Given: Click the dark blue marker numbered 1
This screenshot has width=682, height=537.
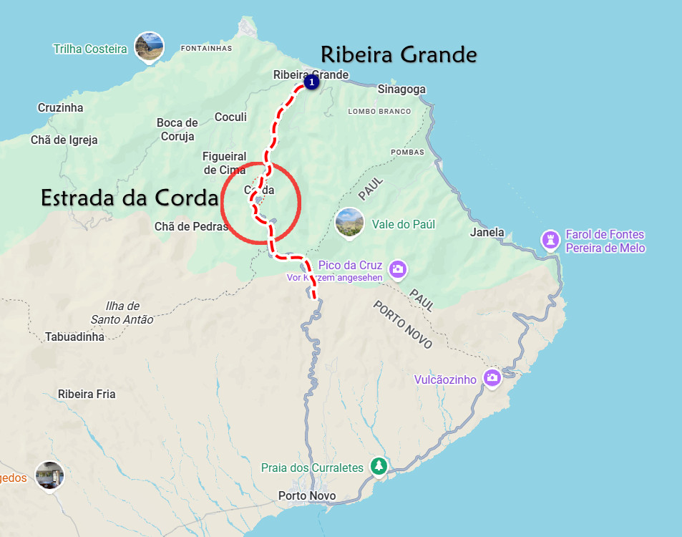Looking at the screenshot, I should [311, 83].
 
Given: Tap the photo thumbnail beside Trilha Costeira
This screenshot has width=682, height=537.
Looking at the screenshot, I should [149, 47].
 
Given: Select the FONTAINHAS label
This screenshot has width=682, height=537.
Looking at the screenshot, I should [207, 49].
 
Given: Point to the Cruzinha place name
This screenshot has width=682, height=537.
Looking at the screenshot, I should [60, 108].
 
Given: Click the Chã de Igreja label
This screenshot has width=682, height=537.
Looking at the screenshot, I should [64, 140].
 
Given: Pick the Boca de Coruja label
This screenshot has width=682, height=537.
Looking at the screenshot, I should [177, 130].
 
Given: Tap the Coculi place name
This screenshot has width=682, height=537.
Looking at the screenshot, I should [230, 117].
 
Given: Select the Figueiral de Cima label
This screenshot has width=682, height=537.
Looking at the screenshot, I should [224, 163].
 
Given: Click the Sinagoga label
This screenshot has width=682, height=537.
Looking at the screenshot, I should [401, 89].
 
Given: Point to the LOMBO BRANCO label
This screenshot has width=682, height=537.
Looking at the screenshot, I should [379, 112].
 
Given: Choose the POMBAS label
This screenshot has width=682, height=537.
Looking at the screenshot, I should [407, 153].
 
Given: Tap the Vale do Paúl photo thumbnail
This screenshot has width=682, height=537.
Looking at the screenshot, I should [349, 223].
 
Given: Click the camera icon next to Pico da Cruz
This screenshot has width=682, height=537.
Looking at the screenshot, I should [399, 269].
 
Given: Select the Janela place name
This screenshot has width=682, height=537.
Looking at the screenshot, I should [487, 233].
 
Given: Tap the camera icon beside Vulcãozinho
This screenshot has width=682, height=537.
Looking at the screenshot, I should [492, 377].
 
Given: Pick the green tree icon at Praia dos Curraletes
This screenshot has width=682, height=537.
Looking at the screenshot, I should [379, 466].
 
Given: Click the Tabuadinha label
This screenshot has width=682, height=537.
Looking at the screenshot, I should [74, 337].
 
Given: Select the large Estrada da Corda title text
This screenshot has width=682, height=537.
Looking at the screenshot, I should [129, 198].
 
